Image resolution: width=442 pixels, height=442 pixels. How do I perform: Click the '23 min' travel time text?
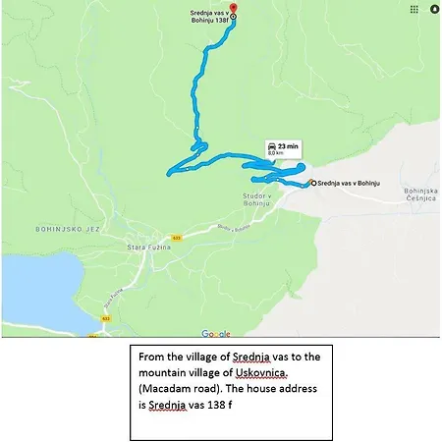pos(287,145)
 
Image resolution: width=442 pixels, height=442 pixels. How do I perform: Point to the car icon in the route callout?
pos(270,145)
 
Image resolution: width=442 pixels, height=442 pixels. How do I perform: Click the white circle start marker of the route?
pos(310,183)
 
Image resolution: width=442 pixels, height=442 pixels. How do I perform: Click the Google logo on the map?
pos(216,334)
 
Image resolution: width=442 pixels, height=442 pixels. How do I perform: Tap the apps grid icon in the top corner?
pos(413,9)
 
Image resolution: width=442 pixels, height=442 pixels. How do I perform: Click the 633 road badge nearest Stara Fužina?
pos(177,237)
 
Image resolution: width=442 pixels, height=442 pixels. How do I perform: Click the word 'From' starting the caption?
pos(153,357)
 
